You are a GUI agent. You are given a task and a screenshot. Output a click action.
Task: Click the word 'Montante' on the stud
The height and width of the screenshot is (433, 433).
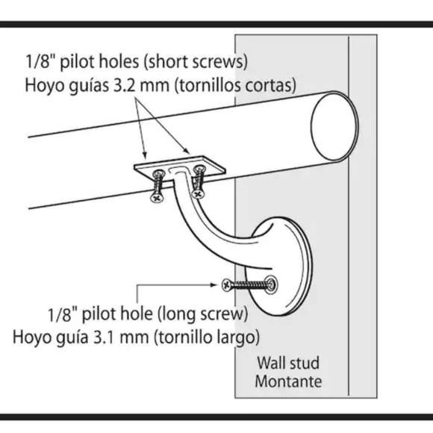(289, 381)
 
